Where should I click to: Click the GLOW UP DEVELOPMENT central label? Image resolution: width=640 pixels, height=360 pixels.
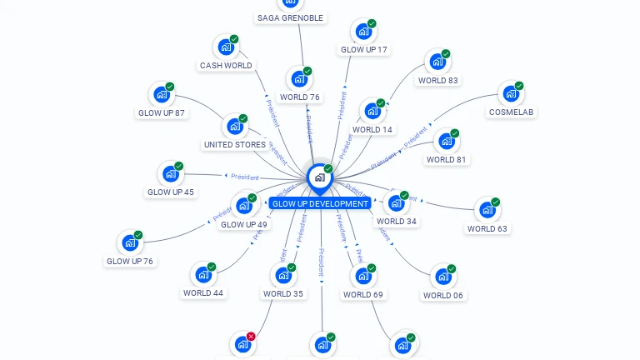320,203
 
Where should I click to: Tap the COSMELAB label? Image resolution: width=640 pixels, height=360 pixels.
512,112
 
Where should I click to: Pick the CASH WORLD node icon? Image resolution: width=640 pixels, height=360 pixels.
225,47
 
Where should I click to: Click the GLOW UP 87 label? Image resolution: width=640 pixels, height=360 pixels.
162,112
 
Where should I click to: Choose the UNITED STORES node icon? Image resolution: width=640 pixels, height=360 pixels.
234,127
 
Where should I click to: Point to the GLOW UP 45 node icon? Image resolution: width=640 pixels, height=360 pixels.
170,173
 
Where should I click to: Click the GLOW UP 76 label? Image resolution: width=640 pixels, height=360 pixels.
130,261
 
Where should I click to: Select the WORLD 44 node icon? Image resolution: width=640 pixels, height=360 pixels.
202,274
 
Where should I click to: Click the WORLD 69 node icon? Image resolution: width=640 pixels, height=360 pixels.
362,276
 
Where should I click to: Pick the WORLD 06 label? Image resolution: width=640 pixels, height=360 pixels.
442,295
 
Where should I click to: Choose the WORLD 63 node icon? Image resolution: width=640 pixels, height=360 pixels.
486,210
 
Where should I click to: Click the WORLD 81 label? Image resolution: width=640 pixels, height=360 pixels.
446,159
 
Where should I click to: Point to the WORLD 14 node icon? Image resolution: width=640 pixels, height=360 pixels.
372,111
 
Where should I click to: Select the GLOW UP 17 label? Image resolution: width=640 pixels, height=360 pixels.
364,50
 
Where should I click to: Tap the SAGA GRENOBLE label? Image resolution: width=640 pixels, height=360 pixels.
290,17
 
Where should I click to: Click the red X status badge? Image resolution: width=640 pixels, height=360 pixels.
251,337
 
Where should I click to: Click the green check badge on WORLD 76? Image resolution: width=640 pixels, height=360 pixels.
307,71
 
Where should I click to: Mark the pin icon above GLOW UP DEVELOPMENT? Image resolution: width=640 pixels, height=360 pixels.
319,177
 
